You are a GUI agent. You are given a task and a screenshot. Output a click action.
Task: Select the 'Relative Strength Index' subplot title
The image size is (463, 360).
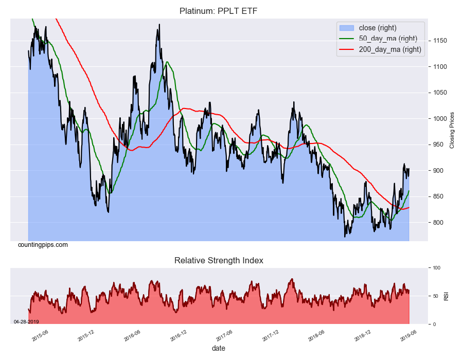click(219, 261)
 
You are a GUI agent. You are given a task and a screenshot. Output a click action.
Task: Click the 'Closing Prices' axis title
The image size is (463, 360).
click(452, 130)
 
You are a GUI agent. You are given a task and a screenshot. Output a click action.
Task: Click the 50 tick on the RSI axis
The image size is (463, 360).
click(436, 296)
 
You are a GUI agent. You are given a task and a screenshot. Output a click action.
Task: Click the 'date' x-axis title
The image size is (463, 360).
click(218, 348)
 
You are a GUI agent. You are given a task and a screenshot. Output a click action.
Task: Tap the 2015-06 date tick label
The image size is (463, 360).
click(40, 335)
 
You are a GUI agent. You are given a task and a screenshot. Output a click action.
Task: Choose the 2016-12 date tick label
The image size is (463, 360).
click(178, 335)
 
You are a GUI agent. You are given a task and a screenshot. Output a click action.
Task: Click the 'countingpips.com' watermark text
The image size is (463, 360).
click(43, 245)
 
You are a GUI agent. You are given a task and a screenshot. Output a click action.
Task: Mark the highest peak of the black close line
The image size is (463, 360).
click(159, 24)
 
